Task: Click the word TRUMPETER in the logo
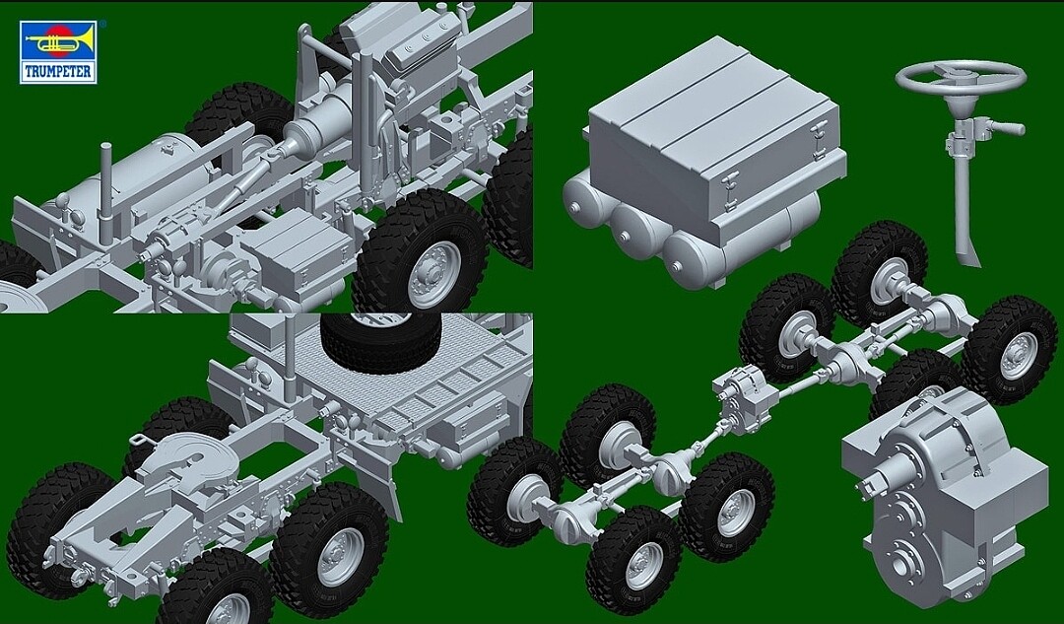coord(58,71)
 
